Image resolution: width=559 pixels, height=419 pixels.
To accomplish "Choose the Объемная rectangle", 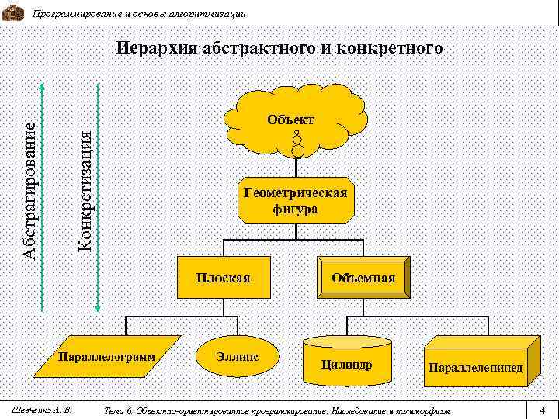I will click(363, 278).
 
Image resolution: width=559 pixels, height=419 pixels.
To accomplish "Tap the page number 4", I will click(543, 409).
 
